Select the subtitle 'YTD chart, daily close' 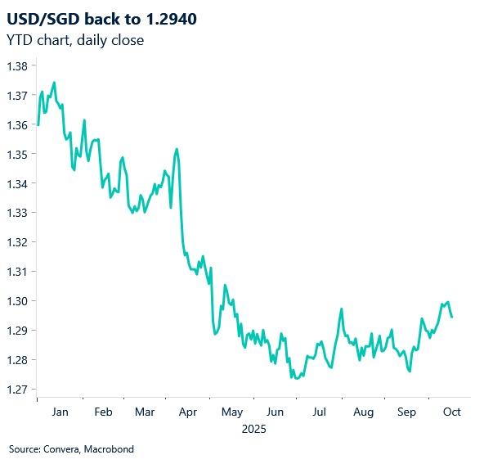75,40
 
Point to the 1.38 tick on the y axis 16,66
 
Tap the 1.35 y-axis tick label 16,154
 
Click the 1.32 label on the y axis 16,242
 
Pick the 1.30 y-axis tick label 16,301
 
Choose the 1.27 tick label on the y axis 16,390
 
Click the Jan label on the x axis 60,412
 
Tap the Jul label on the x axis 320,412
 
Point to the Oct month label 451,412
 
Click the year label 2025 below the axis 254,428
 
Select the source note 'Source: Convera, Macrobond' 71,449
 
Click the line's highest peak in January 54,83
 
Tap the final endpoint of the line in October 452,318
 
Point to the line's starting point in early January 38,124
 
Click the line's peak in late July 341,309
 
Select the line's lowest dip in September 409,371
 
